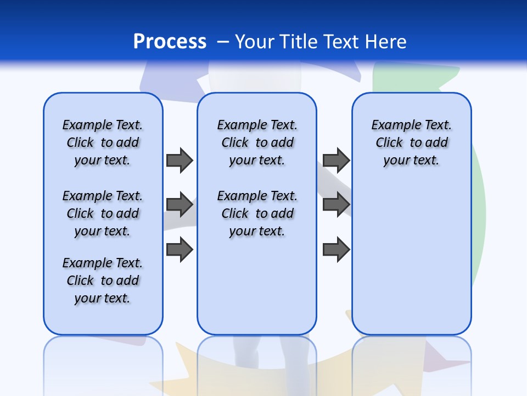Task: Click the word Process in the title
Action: pos(170,42)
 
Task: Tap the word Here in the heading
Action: pos(386,42)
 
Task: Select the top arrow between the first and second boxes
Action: pos(179,160)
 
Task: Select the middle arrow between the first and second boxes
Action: pos(179,205)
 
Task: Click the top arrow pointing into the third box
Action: pos(336,160)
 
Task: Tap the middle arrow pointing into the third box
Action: pos(336,205)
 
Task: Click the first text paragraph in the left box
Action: pos(103,142)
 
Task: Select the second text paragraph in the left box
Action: pos(103,213)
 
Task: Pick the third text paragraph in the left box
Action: pos(103,280)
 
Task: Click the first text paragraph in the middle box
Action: pos(257,142)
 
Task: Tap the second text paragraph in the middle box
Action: pos(257,213)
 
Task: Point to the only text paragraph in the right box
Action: pos(411,142)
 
